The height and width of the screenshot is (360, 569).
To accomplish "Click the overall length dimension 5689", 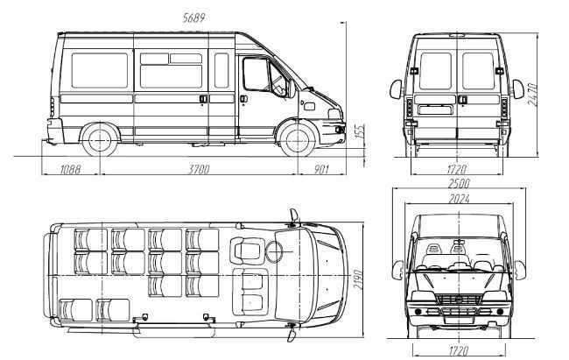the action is [193, 18].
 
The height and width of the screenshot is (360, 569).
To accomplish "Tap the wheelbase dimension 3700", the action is [199, 169].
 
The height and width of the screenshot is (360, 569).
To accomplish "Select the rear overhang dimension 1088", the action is [70, 169].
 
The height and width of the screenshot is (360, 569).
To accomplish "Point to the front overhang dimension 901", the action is [321, 169].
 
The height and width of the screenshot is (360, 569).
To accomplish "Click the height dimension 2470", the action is [533, 95].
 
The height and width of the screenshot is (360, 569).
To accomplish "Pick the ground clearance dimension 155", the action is [360, 131].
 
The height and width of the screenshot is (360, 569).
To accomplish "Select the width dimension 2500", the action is [459, 183].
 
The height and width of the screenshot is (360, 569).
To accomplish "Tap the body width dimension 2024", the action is [459, 199].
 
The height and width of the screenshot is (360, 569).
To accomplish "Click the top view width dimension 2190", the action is [358, 279].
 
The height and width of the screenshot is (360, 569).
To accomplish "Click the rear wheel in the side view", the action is [100, 141].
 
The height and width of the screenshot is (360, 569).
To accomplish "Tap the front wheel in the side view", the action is [298, 141].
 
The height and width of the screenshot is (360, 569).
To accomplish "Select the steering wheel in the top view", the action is [274, 251].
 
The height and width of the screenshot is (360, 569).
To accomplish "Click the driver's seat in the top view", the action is [247, 251].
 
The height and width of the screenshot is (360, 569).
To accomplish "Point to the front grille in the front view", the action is [459, 300].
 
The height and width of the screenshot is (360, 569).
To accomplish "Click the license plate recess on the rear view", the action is [435, 109].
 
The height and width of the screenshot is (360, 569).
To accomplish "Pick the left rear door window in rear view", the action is [435, 71].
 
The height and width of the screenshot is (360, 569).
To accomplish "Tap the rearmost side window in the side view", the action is [100, 70].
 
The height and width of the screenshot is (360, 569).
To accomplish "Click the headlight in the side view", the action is [335, 114].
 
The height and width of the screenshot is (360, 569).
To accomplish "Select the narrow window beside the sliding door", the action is [221, 70].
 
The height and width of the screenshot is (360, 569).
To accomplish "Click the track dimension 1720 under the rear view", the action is [457, 169].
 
